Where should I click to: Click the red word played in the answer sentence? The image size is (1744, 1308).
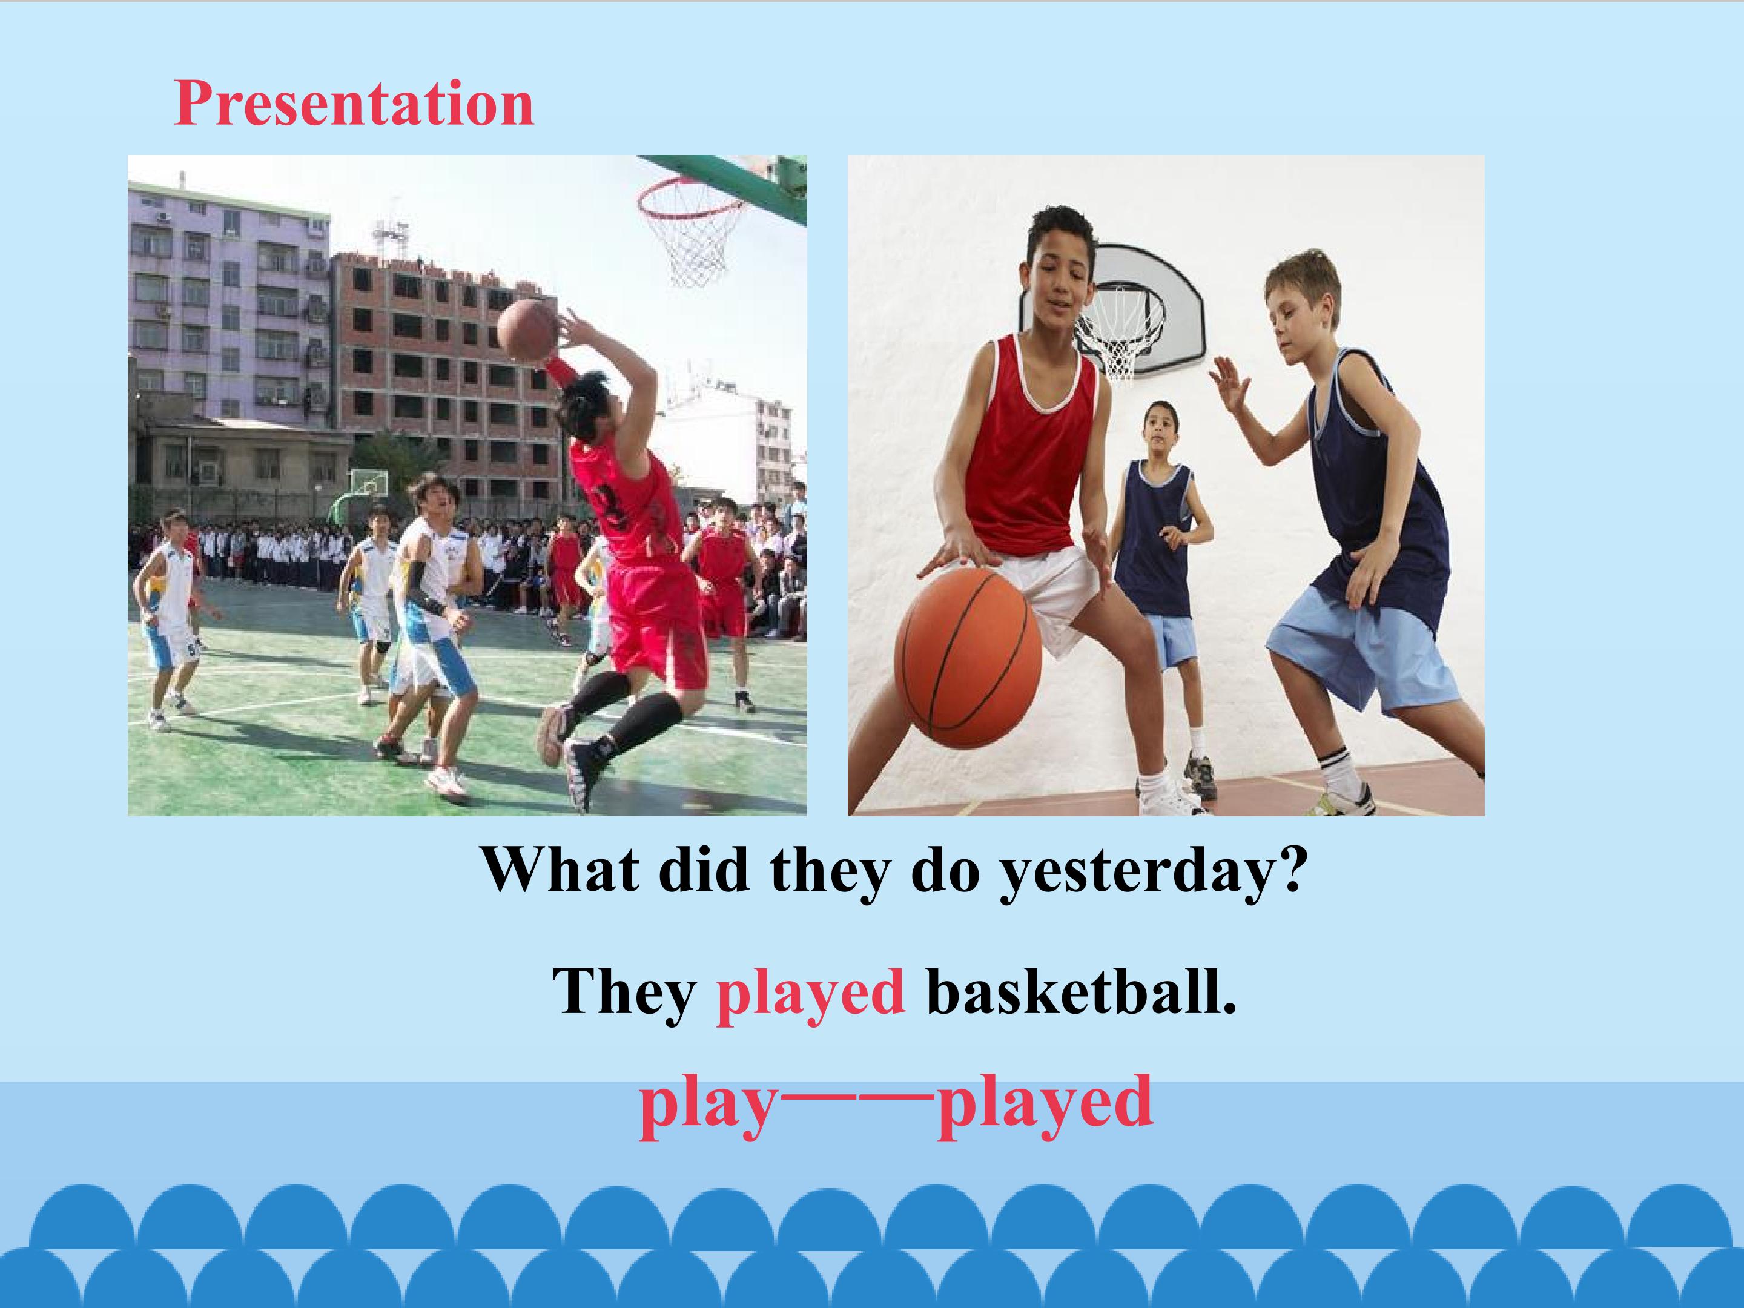[x=810, y=994]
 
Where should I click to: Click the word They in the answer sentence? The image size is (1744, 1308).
[x=624, y=994]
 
